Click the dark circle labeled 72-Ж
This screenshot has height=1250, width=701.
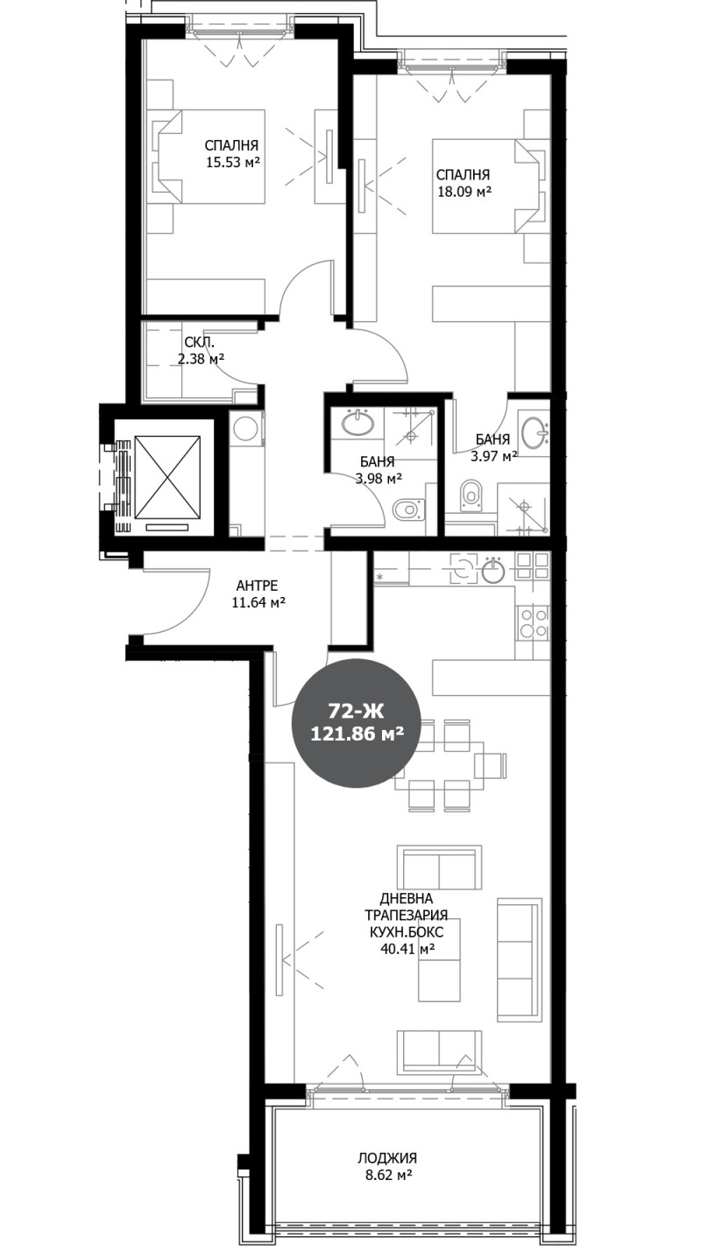pyautogui.click(x=357, y=723)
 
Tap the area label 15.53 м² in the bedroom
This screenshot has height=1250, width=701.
pyautogui.click(x=232, y=162)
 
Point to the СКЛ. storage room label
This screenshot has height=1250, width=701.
pyautogui.click(x=195, y=344)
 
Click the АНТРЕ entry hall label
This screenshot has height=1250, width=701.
pyautogui.click(x=258, y=586)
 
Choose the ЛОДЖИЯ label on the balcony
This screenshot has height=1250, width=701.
pyautogui.click(x=386, y=1156)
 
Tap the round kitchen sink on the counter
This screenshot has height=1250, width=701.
pyautogui.click(x=493, y=572)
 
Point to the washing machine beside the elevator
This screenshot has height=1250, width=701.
pyautogui.click(x=246, y=429)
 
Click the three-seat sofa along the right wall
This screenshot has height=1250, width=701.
pyautogui.click(x=518, y=959)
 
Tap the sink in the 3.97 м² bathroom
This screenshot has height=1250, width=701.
pyautogui.click(x=534, y=432)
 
